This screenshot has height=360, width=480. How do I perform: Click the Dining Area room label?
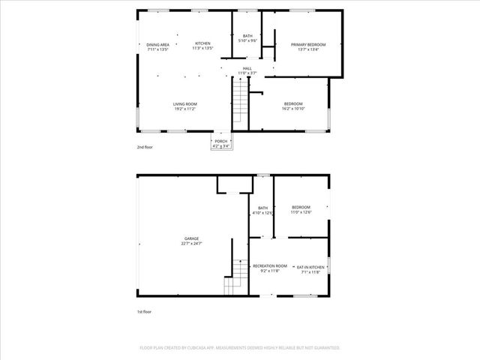157,44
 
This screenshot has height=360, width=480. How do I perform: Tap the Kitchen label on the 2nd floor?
202,43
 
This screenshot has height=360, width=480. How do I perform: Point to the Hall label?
247,68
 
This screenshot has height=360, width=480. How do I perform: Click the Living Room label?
184,103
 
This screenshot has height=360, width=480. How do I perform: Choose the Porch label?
220,141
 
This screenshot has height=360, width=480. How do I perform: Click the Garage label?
192,238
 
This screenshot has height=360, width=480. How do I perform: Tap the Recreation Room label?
269,266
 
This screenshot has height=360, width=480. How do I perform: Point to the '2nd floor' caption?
144,147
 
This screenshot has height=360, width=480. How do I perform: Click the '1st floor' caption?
143,311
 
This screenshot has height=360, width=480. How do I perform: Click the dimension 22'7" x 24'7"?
192,244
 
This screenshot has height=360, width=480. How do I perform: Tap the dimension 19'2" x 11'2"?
184,109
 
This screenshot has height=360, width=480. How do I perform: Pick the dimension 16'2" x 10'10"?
293,109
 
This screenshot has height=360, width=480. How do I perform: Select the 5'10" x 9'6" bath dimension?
248,40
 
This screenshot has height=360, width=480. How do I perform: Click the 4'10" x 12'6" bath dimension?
263,213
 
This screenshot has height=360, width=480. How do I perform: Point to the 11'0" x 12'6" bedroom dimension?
301,212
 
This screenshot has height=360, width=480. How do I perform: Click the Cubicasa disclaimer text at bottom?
240,348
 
